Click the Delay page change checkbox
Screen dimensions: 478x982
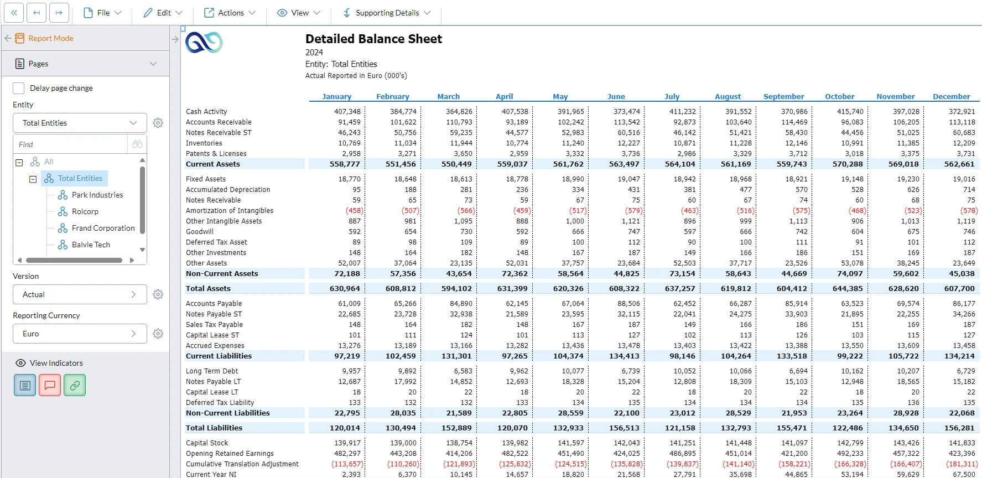click(x=19, y=88)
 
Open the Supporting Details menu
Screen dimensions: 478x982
click(x=387, y=13)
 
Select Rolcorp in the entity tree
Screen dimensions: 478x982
click(x=85, y=211)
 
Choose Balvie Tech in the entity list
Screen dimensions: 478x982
click(x=91, y=245)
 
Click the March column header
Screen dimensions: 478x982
click(x=448, y=96)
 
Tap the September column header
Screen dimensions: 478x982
click(x=783, y=96)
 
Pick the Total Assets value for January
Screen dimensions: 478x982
click(x=345, y=288)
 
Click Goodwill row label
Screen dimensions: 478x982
click(x=200, y=232)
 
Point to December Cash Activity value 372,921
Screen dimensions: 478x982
click(x=962, y=111)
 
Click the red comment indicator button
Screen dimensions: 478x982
click(x=50, y=385)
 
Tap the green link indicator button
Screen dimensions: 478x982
click(x=75, y=385)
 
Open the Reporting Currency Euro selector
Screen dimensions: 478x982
click(x=80, y=334)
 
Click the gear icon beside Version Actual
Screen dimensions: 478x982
click(x=158, y=294)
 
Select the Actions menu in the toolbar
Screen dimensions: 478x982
click(x=230, y=13)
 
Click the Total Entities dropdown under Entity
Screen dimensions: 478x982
click(x=80, y=123)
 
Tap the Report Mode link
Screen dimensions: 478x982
click(x=50, y=38)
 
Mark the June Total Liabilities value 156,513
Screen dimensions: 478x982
click(x=624, y=428)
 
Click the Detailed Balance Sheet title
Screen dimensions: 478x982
click(x=373, y=39)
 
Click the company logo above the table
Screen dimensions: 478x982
click(x=204, y=42)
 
